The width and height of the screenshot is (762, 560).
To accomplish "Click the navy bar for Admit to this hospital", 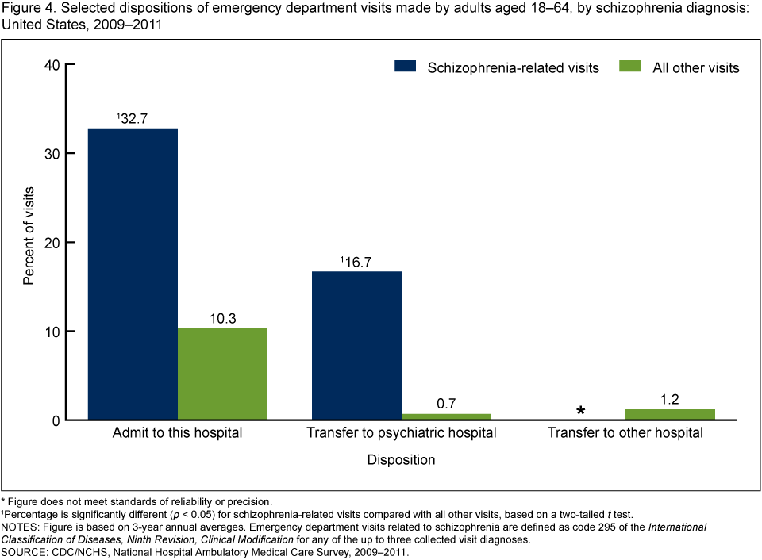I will click(133, 274).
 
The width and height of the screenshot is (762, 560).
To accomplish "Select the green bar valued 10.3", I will click(222, 374).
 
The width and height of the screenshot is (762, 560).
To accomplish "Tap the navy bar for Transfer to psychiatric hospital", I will click(356, 345).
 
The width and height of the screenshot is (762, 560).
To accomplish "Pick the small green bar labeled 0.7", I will click(446, 416).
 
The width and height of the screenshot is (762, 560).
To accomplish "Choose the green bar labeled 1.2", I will click(670, 414).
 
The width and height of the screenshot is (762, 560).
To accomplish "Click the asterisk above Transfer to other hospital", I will click(581, 411).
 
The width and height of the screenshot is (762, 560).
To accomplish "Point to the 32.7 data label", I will click(133, 119).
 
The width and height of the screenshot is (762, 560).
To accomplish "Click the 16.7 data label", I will click(356, 261).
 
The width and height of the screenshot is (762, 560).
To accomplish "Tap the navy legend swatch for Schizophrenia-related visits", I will click(405, 67).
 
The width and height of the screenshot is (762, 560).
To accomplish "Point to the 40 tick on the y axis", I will click(54, 64).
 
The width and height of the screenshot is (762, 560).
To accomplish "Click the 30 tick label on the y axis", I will click(54, 153).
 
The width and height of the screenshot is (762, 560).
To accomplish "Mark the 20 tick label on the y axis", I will click(54, 242).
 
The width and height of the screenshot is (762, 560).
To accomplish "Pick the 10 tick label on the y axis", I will click(54, 331).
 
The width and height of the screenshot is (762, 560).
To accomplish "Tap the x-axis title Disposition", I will click(402, 459).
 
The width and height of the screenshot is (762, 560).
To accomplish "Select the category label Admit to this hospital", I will click(178, 433).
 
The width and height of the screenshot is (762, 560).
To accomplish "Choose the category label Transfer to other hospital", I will click(625, 433).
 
